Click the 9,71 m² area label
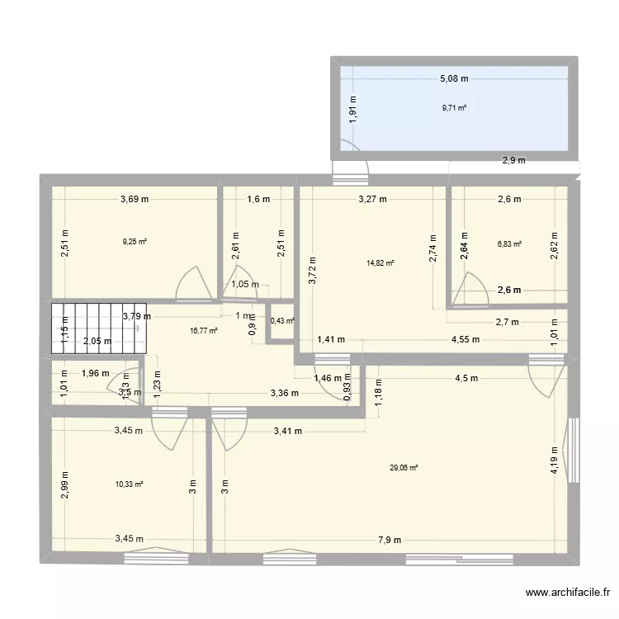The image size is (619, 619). (x=454, y=107)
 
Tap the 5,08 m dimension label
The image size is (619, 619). (x=454, y=79)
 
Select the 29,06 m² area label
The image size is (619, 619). (x=404, y=468)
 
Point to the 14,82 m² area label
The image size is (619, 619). (x=380, y=263)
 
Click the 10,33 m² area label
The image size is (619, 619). (x=130, y=484)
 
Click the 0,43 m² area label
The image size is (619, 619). (x=283, y=321)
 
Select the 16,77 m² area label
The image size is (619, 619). (x=204, y=330)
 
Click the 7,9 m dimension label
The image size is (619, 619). (x=390, y=541)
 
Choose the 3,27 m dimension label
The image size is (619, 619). (x=373, y=199)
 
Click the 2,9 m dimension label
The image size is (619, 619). (x=513, y=161)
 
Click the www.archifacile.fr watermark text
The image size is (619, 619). (x=569, y=593)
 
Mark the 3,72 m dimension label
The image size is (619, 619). (x=312, y=269)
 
